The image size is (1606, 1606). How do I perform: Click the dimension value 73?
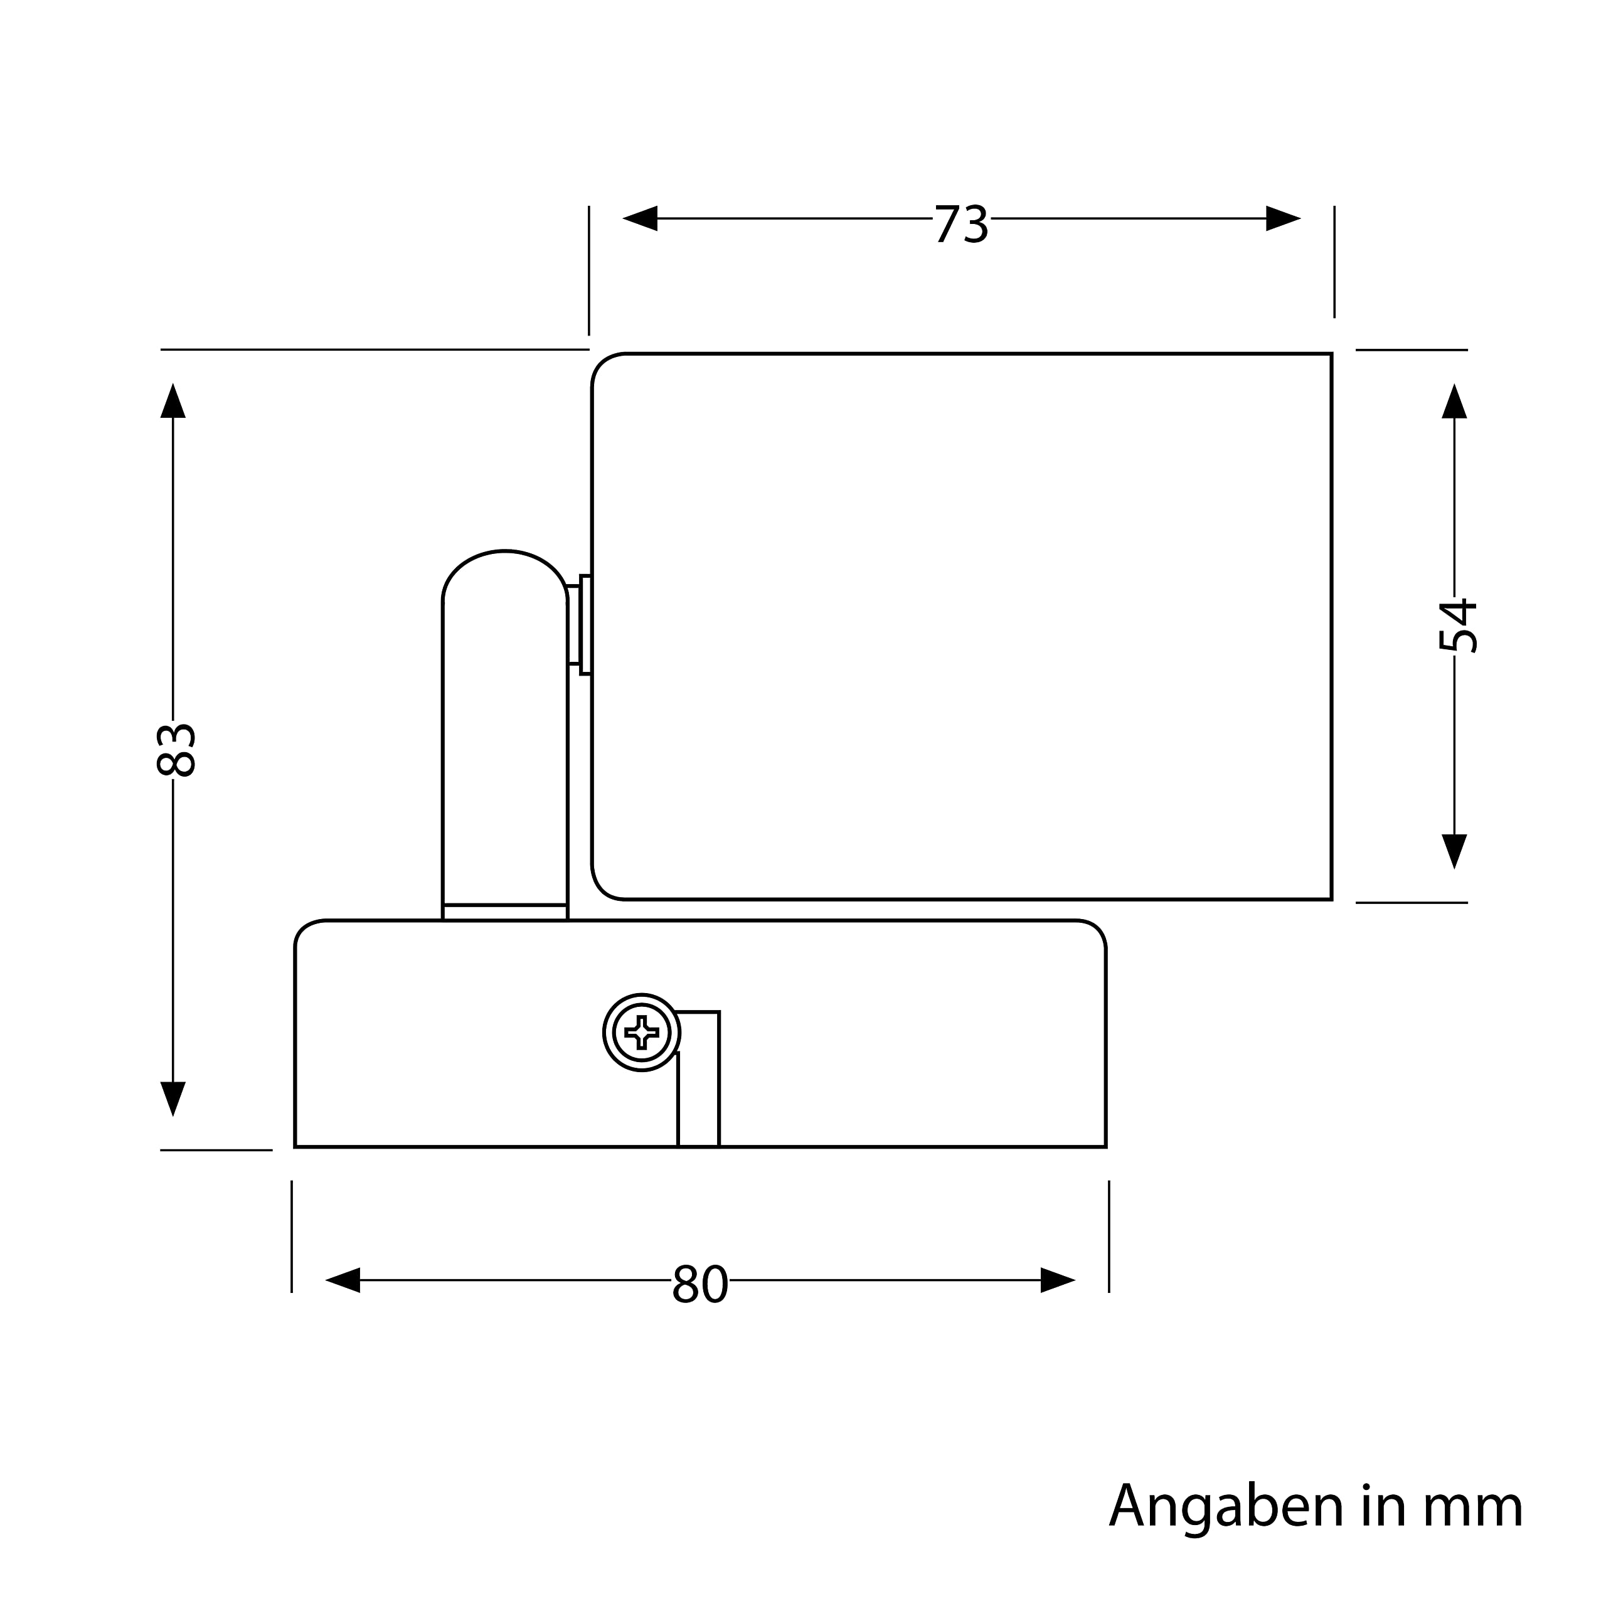pyautogui.click(x=961, y=225)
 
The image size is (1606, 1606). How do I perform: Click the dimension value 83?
pyautogui.click(x=176, y=750)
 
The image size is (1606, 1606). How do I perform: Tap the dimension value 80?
pyautogui.click(x=700, y=1284)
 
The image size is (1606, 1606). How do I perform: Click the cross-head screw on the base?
pyautogui.click(x=642, y=1033)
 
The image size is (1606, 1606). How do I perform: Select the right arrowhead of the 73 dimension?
pyautogui.click(x=1283, y=218)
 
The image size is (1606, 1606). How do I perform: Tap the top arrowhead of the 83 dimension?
pyautogui.click(x=173, y=401)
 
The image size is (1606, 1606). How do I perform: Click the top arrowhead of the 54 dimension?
pyautogui.click(x=1454, y=402)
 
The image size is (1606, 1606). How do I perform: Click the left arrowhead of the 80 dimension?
pyautogui.click(x=343, y=1280)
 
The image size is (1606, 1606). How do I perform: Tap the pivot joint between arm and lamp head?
pyautogui.click(x=580, y=625)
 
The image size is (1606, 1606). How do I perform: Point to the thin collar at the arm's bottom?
pyautogui.click(x=504, y=912)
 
